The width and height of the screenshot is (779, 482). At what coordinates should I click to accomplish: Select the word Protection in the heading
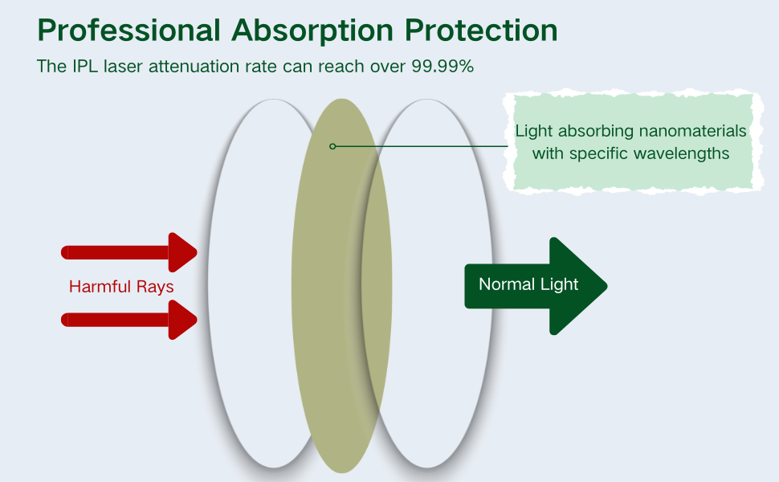point(481,31)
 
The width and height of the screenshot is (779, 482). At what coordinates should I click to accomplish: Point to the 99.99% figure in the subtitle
point(443,67)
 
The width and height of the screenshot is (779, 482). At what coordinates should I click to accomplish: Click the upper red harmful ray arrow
point(128,252)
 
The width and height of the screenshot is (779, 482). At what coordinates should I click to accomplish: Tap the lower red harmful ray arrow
point(128,321)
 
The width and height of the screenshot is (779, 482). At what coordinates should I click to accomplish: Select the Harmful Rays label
point(121,287)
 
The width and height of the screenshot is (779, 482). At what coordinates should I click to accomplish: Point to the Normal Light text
point(528,284)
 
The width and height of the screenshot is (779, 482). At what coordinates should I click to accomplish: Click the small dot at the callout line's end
point(332,146)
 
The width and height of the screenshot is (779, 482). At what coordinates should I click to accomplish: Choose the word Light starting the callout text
point(534,131)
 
